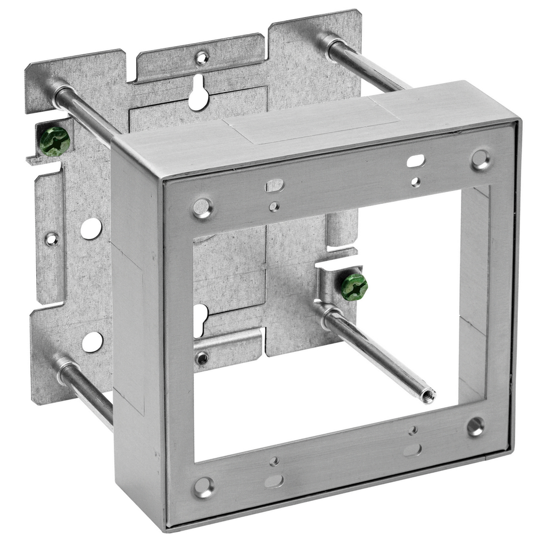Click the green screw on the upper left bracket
pos(55,142)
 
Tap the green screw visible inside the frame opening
pos(354,287)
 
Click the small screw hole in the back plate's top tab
pos(202,57)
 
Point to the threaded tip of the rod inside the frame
pos(427,395)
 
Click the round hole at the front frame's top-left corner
pos(203,208)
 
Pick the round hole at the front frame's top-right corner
pos(481,159)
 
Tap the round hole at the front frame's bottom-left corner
pos(203,486)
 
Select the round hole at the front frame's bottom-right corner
pos(475,426)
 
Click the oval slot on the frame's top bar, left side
pos(275,185)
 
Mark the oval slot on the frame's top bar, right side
pos(416,160)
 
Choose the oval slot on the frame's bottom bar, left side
pos(274,481)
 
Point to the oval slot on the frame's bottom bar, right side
pos(412,450)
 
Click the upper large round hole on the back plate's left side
pos(91,228)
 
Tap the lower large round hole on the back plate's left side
pos(92,342)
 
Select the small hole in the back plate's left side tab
pos(52,239)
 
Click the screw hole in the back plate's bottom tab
pos(202,359)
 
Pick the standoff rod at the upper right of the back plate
pos(362,64)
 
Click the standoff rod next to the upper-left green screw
pos(85,112)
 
